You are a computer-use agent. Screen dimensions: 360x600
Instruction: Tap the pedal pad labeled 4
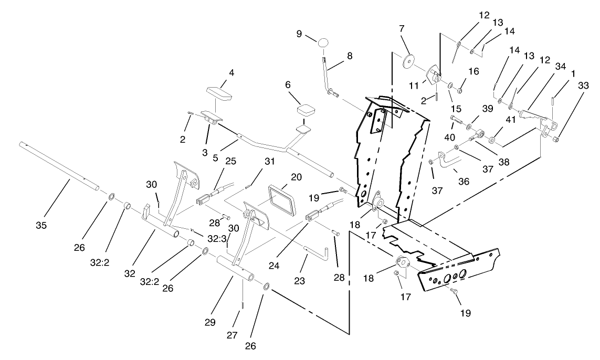[x=218, y=93]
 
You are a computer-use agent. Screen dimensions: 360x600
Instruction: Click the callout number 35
[x=41, y=225]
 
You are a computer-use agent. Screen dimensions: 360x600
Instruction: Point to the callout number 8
[x=349, y=55]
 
